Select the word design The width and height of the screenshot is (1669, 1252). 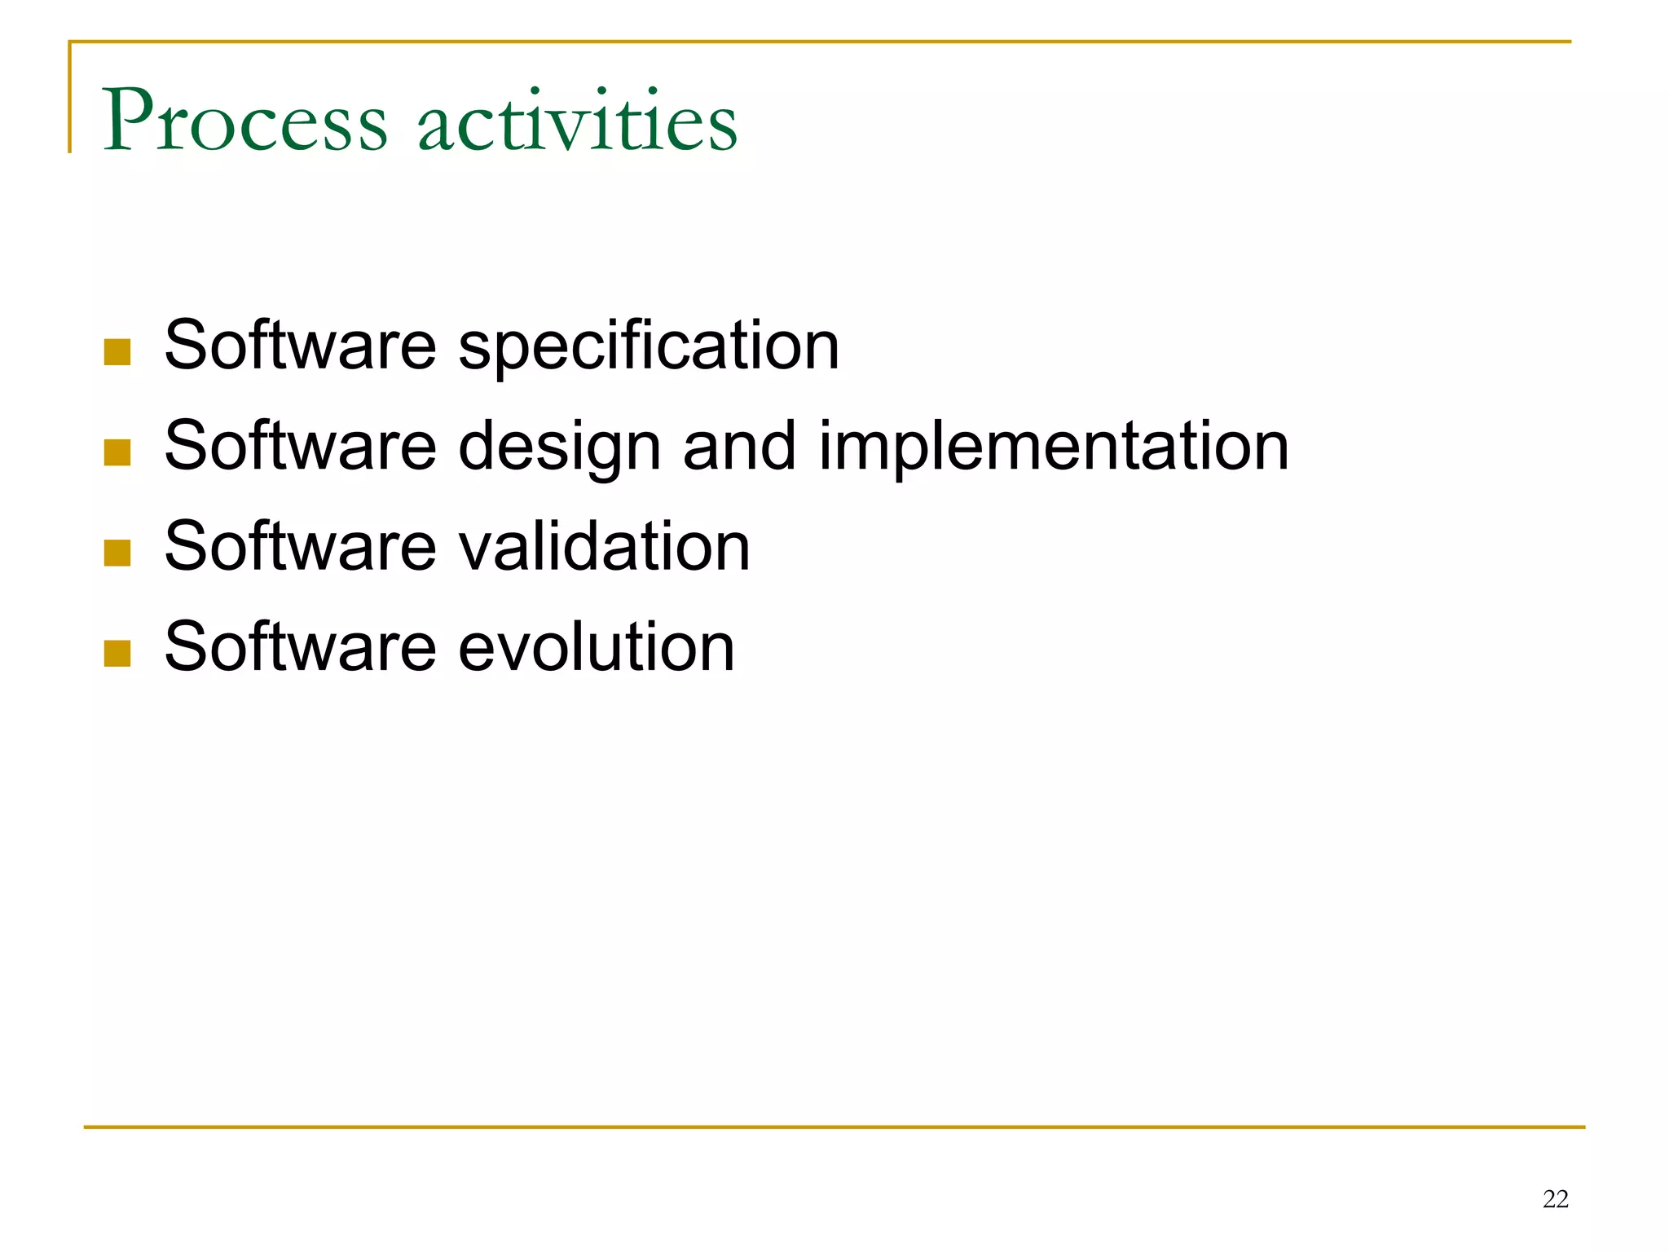559,447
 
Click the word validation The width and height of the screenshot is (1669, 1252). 604,547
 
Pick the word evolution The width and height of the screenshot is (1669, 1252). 597,647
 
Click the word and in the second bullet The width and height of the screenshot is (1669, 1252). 739,446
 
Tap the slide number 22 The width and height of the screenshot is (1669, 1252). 1555,1199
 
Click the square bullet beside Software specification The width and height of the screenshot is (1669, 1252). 117,352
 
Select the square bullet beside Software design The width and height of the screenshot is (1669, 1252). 117,452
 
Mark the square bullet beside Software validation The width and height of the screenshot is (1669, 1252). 117,553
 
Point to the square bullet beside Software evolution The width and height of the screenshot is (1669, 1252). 117,653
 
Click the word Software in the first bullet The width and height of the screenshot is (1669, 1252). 300,346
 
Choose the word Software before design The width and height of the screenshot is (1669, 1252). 300,446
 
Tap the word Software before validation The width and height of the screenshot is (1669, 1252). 300,546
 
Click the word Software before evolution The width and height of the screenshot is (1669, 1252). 300,646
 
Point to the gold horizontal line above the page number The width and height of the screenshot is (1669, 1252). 834,1127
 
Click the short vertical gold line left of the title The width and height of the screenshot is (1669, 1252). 70,98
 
